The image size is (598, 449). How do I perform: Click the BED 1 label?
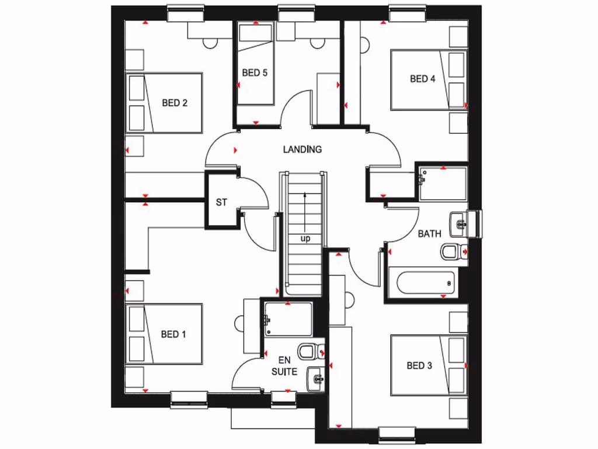(x=173, y=334)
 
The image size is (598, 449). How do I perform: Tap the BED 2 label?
(x=174, y=103)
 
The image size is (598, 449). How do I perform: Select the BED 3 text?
(x=419, y=366)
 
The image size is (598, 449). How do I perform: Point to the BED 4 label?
(x=422, y=79)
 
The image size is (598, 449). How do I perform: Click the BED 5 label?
(x=255, y=73)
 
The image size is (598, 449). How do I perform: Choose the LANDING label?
(x=302, y=150)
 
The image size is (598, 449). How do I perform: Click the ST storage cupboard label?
(x=221, y=203)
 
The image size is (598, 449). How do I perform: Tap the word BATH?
(x=429, y=234)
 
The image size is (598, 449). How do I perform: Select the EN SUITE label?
(x=284, y=366)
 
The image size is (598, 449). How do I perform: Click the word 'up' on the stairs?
(x=305, y=239)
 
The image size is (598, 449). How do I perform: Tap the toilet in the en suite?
(x=308, y=351)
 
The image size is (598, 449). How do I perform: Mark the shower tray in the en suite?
(x=287, y=319)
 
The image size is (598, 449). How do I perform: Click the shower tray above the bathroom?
(x=443, y=184)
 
